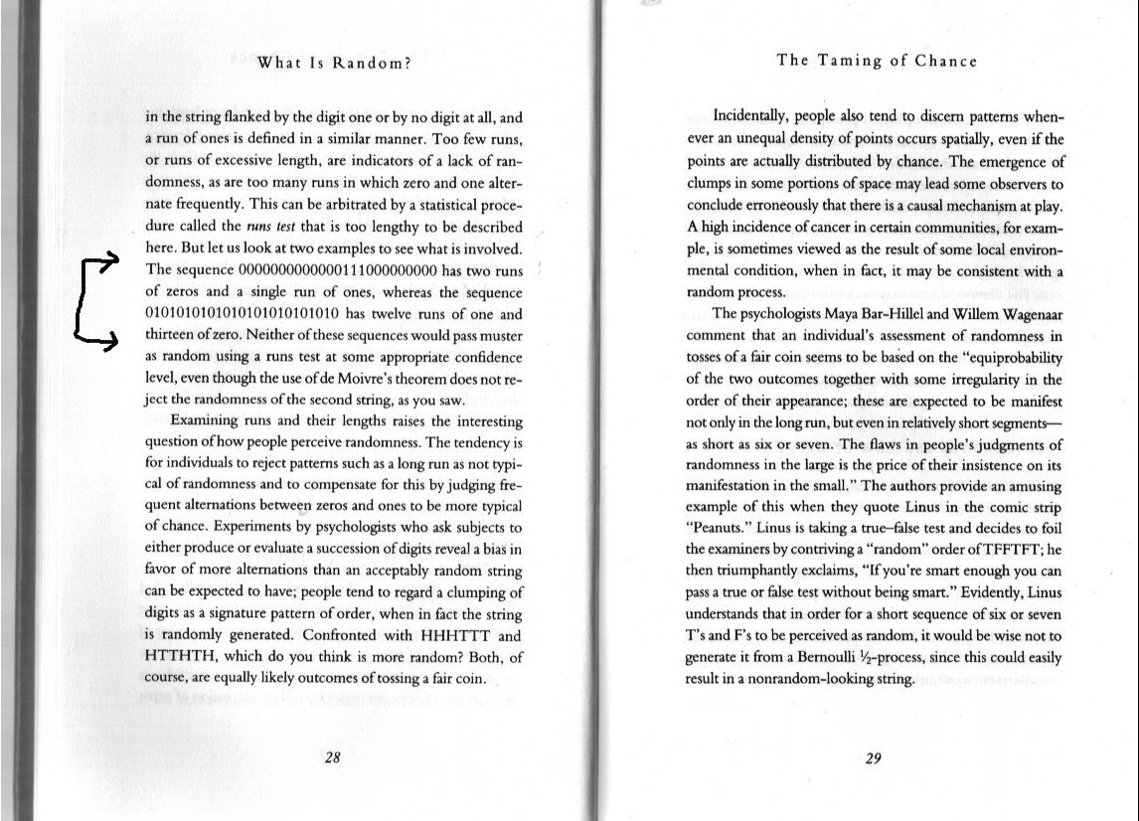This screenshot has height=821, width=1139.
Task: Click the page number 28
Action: pyautogui.click(x=333, y=758)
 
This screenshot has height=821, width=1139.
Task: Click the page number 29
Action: pyautogui.click(x=874, y=758)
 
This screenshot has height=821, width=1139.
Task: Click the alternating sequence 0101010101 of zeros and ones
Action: pyautogui.click(x=259, y=314)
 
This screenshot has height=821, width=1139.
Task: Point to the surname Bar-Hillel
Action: pyautogui.click(x=874, y=313)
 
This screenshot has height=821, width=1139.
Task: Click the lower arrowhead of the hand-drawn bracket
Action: pyautogui.click(x=115, y=342)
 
